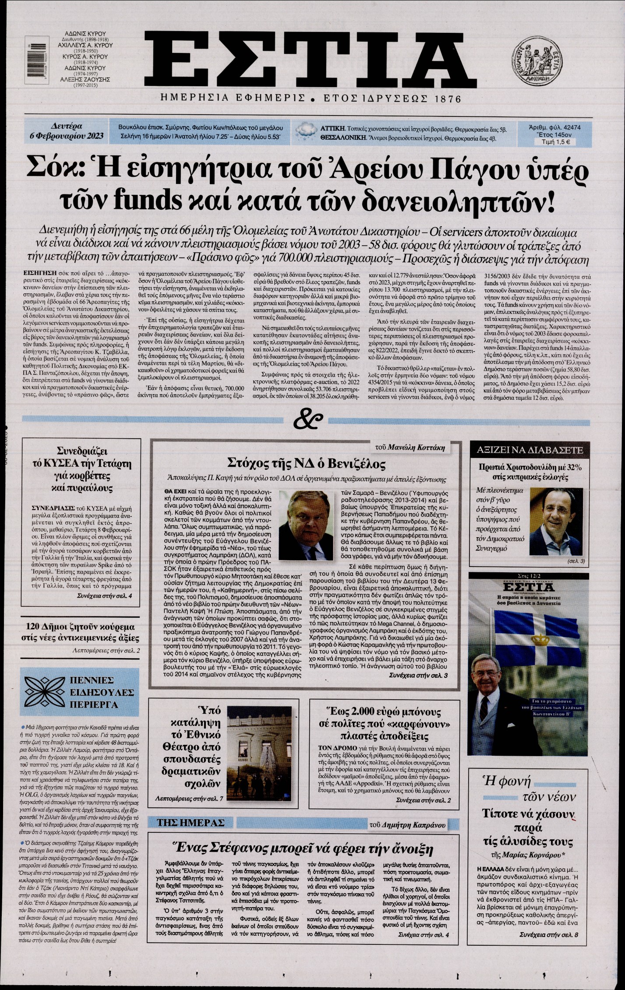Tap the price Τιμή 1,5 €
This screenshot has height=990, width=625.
tap(556, 142)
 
